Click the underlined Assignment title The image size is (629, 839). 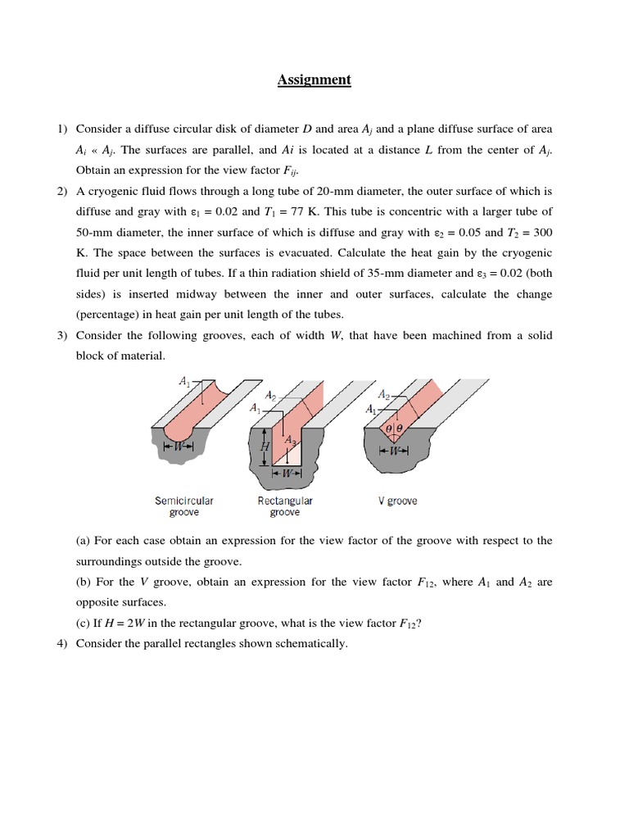(314, 79)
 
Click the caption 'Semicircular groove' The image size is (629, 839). (184, 506)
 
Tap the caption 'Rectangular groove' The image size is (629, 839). (284, 506)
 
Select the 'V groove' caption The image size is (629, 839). (397, 501)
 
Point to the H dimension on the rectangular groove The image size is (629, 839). (265, 447)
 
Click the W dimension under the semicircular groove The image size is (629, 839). (179, 446)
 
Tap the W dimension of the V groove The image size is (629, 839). (396, 451)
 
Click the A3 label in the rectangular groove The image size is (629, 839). (289, 441)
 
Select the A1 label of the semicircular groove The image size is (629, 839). (185, 380)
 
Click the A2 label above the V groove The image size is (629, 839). (384, 395)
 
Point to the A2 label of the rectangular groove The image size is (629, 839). (270, 395)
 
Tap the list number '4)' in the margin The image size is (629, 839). (63, 644)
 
